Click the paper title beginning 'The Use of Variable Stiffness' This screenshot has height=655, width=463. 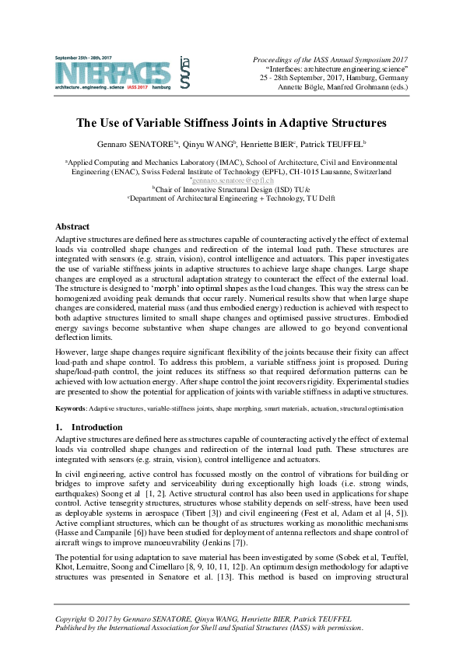231,123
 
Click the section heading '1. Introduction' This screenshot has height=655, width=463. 89,427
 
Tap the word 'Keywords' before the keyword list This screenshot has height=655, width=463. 71,408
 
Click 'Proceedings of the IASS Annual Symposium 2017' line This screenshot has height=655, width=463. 331,59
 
